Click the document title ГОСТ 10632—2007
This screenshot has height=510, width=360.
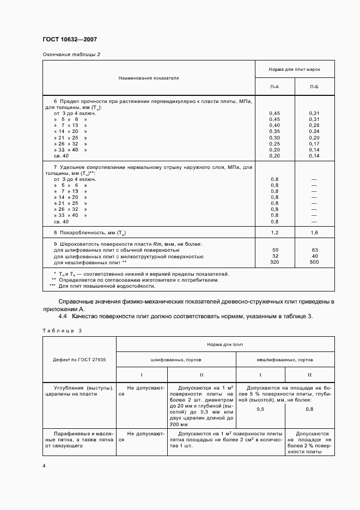click(70, 40)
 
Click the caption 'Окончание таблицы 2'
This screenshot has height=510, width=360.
click(71, 54)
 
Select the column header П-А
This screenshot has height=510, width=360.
click(274, 87)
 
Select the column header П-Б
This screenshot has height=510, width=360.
click(314, 87)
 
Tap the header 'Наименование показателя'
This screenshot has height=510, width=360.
click(149, 78)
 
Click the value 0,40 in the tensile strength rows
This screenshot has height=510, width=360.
click(274, 125)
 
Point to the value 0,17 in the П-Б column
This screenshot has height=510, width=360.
click(314, 143)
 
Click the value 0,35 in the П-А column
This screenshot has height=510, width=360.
click(274, 131)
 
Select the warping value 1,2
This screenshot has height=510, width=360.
click(274, 233)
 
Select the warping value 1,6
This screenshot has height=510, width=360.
click(314, 233)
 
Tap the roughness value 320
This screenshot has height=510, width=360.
click(274, 262)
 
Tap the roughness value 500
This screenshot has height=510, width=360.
click(314, 262)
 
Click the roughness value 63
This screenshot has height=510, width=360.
click(314, 250)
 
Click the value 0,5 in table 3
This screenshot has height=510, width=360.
click(260, 409)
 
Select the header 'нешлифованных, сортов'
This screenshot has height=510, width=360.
click(285, 360)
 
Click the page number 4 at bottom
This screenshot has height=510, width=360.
click(44, 465)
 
